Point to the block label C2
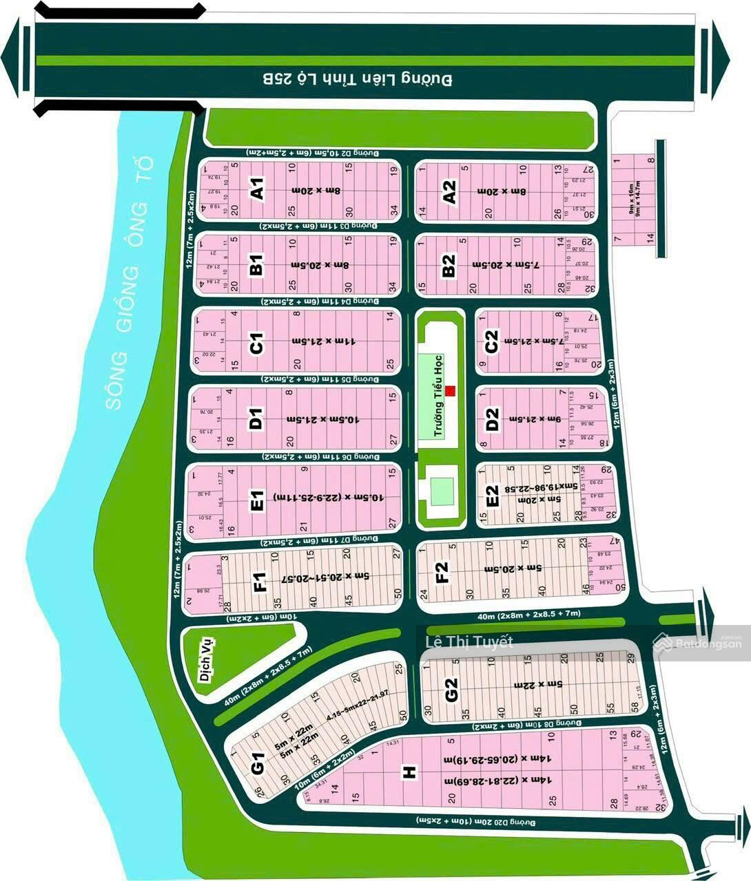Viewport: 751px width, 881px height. [491, 342]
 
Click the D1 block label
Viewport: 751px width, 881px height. [256, 418]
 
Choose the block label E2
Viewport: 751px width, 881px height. [491, 496]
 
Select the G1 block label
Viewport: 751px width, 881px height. [258, 764]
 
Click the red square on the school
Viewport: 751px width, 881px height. [451, 392]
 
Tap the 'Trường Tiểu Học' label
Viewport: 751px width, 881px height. [437, 396]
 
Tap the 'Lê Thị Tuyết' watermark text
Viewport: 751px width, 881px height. [469, 642]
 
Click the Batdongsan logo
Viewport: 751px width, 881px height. [699, 643]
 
